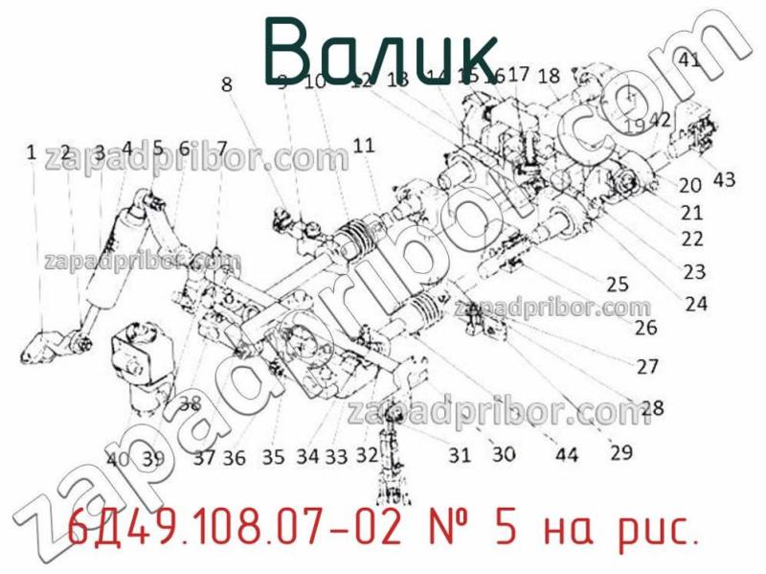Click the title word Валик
[380, 48]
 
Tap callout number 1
[31, 151]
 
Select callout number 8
[227, 84]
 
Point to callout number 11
[363, 146]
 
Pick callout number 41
[688, 59]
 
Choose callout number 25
[618, 284]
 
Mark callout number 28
[651, 408]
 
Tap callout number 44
[567, 454]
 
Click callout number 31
[460, 454]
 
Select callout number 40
[118, 458]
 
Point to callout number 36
[235, 458]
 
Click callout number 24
[696, 304]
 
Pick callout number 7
[221, 149]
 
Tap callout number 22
[691, 239]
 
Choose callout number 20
[690, 186]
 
